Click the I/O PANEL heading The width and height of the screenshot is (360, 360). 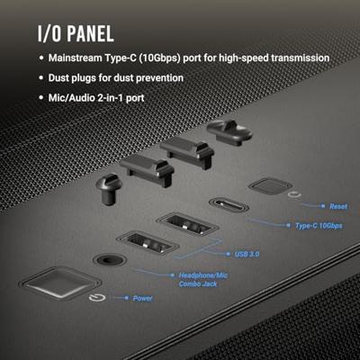click(x=76, y=33)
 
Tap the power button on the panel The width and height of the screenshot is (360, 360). click(x=60, y=283)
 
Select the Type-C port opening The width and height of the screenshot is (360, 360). click(x=229, y=205)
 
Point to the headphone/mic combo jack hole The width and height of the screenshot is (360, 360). click(x=110, y=259)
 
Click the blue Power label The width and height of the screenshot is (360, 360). click(x=143, y=298)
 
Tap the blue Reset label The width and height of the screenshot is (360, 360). click(x=338, y=206)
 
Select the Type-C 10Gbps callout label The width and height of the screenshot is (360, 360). click(x=319, y=226)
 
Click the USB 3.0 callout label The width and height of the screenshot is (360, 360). click(x=247, y=254)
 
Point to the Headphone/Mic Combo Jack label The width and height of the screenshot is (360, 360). click(x=203, y=279)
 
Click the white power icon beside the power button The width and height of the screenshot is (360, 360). click(x=97, y=298)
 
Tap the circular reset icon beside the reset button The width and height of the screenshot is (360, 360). click(x=294, y=194)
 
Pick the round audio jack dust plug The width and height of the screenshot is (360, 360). click(x=108, y=189)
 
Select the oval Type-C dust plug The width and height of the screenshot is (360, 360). click(x=229, y=132)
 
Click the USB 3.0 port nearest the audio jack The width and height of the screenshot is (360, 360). click(x=148, y=243)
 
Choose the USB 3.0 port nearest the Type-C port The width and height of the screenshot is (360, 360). click(x=187, y=224)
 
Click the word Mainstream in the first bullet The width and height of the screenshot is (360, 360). click(x=75, y=58)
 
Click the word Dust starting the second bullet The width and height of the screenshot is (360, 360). click(x=58, y=77)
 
